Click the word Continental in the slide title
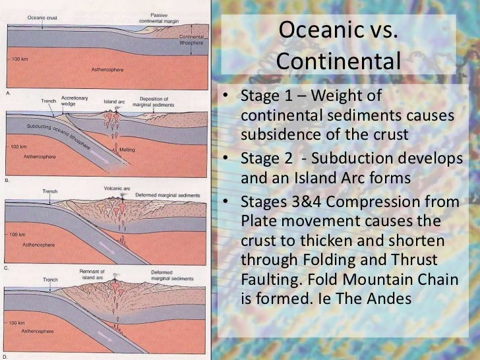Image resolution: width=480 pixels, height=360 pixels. [338, 61]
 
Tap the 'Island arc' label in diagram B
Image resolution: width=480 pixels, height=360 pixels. [115, 102]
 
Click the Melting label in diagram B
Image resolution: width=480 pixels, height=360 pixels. [127, 150]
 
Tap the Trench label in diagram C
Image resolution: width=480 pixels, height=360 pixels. [50, 191]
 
